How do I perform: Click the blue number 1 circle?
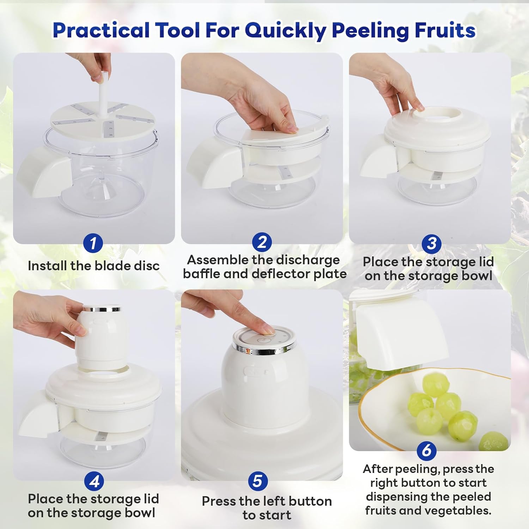click(93, 243)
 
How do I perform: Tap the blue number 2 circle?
click(262, 243)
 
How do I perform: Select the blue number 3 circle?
click(432, 244)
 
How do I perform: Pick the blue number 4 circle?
click(94, 481)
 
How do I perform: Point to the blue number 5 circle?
click(258, 481)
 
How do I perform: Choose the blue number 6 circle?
click(427, 450)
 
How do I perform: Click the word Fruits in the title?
click(445, 30)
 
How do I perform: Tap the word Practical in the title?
click(101, 30)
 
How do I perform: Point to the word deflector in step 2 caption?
click(281, 274)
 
